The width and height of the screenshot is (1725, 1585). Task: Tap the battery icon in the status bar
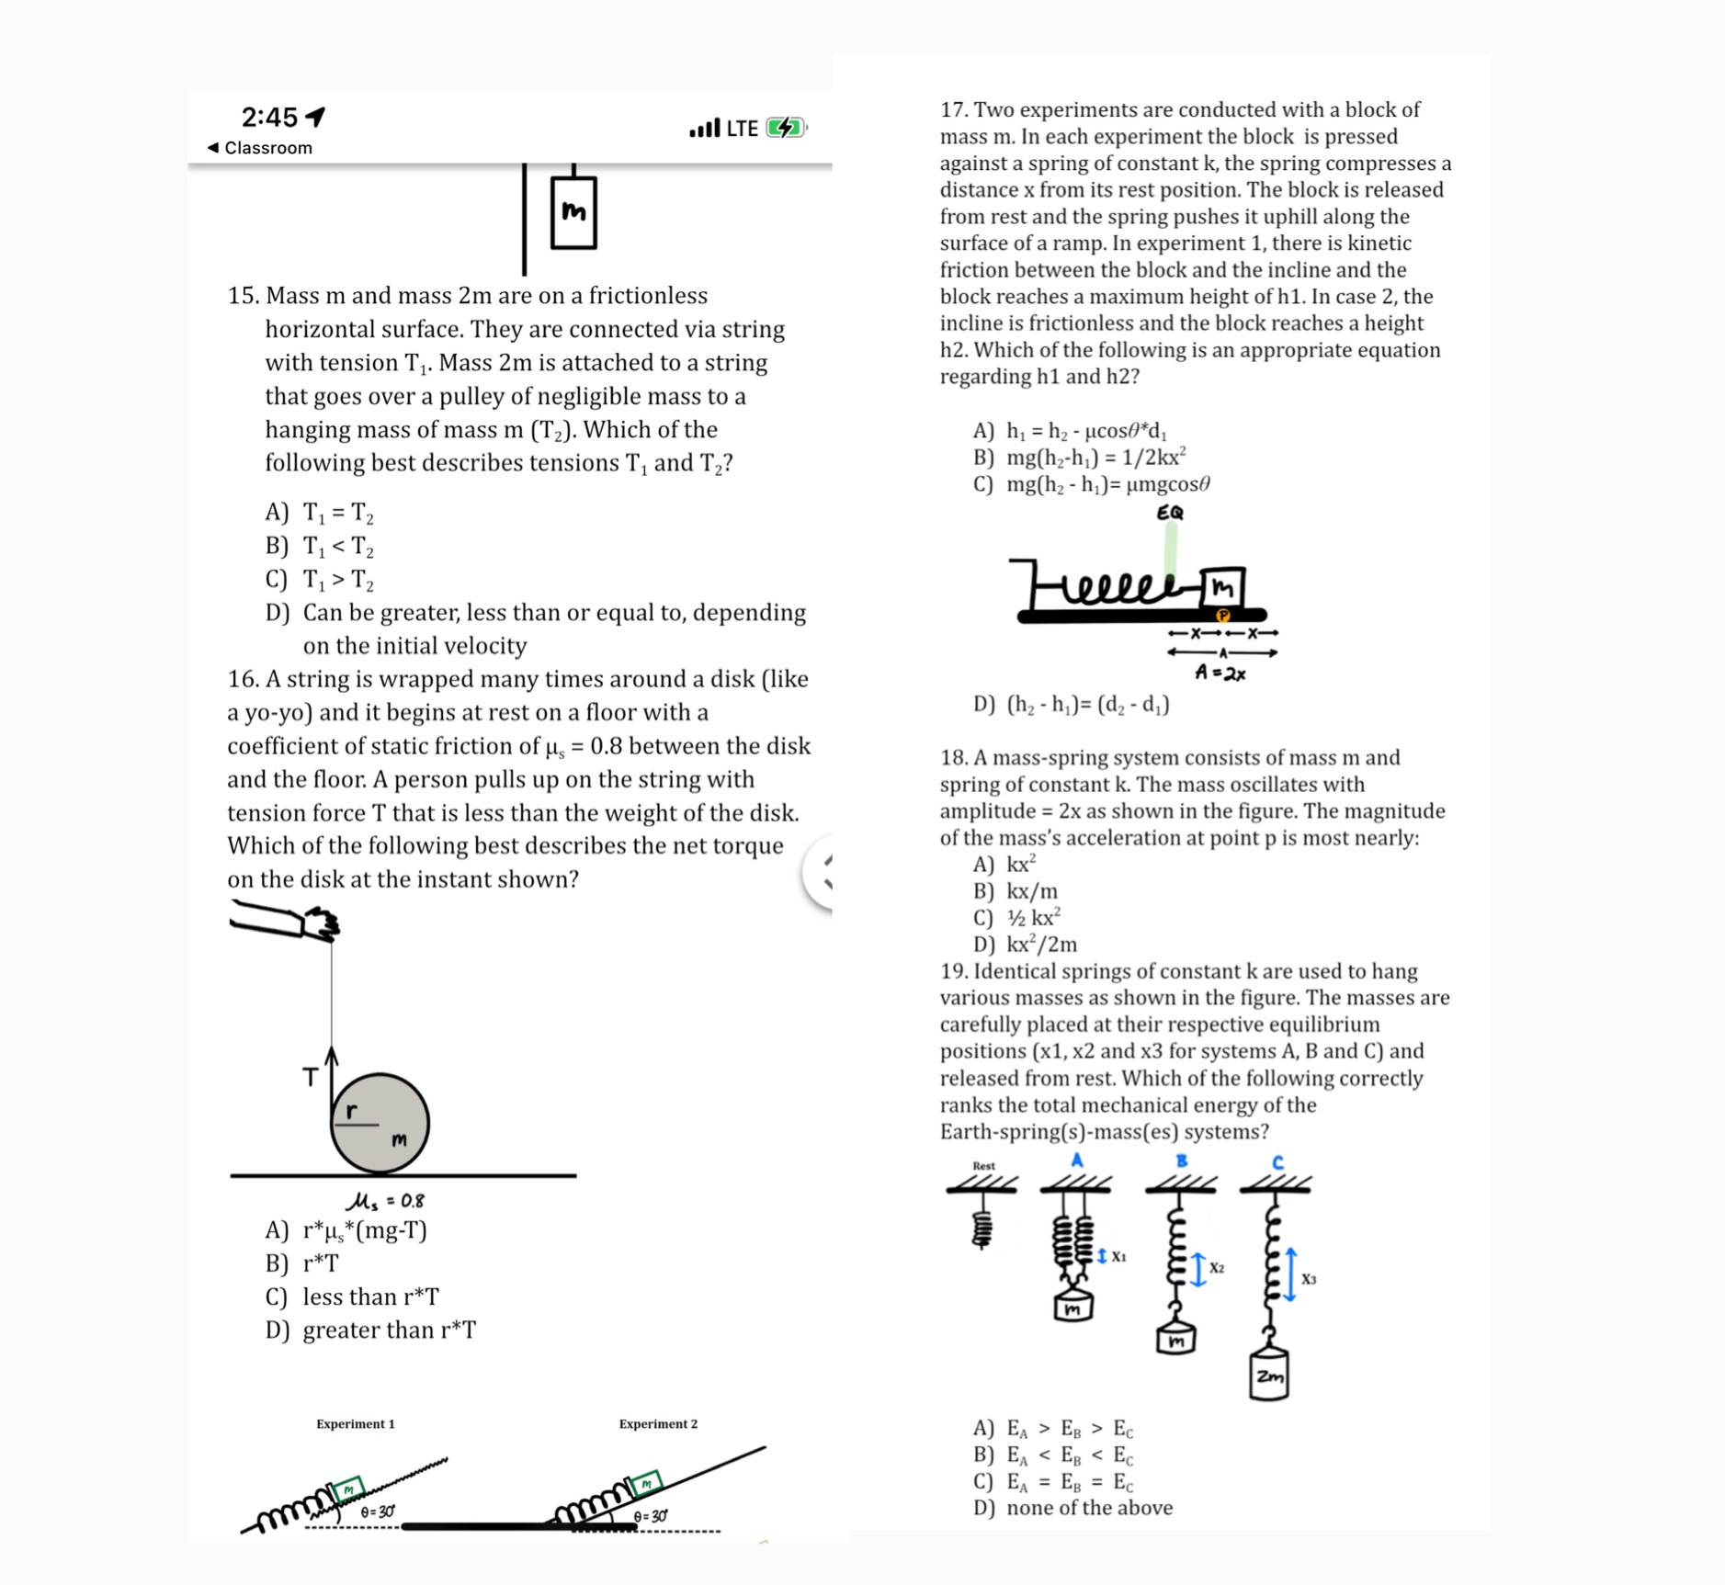coord(786,128)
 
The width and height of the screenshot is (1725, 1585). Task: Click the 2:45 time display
coord(269,117)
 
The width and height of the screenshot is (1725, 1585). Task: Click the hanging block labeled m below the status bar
coord(573,212)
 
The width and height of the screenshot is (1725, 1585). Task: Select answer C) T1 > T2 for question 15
coord(320,580)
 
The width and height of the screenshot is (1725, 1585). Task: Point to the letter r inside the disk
coord(351,1112)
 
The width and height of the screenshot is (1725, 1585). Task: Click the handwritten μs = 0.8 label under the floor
coord(385,1201)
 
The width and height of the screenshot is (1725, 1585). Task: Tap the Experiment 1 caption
coord(356,1423)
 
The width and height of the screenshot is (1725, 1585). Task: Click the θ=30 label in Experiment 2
coord(651,1515)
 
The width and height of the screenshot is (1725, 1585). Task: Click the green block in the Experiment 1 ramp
coord(348,1488)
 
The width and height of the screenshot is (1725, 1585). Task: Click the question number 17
coord(953,110)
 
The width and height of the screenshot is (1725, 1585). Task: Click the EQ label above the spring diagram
coord(1170,513)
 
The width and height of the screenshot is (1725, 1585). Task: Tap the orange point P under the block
coord(1223,615)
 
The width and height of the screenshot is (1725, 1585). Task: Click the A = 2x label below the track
coord(1220,674)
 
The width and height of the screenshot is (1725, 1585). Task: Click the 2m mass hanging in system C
coord(1268,1376)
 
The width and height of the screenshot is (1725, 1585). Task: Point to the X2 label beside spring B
coord(1217,1268)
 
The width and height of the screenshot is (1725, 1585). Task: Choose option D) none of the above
coord(1073,1508)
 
